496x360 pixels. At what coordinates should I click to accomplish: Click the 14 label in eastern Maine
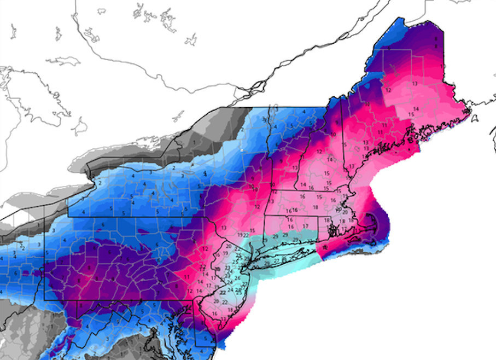pos(416,109)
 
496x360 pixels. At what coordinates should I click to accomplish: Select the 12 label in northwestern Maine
pos(388,89)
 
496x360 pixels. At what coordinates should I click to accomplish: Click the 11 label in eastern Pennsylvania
pos(189,277)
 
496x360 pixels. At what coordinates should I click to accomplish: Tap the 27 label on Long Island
pos(276,261)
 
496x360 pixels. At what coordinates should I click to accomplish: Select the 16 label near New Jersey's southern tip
pos(214,313)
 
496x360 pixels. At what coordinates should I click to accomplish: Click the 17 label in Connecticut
pos(306,225)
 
